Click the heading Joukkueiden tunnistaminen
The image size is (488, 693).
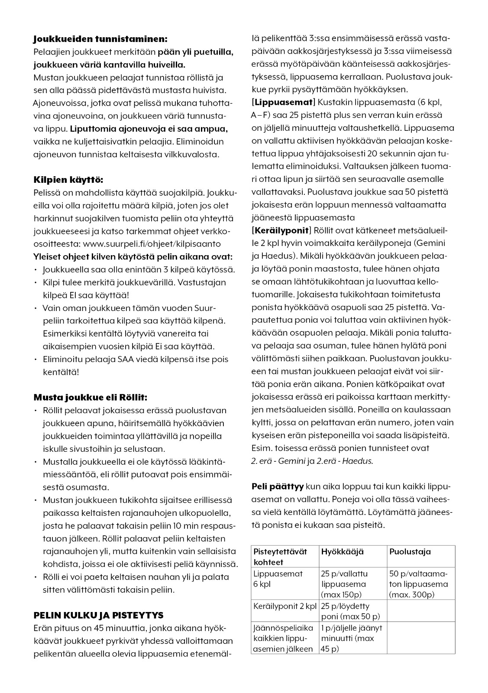pyautogui.click(x=100, y=39)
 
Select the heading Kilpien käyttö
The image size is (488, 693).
pyautogui.click(x=68, y=180)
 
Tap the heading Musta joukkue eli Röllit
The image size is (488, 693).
pyautogui.click(x=90, y=397)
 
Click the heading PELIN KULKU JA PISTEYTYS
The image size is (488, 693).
pyautogui.click(x=98, y=615)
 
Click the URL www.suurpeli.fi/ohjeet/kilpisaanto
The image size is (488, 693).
pyautogui.click(x=152, y=244)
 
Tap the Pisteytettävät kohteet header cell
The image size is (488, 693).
pyautogui.click(x=280, y=557)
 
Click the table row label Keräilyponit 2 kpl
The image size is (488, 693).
pyautogui.click(x=285, y=606)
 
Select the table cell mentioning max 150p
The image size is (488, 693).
pyautogui.click(x=344, y=584)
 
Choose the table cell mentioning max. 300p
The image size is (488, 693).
pyautogui.click(x=418, y=584)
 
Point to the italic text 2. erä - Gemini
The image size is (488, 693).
pyautogui.click(x=278, y=461)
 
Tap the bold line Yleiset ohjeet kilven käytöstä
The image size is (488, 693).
pyautogui.click(x=133, y=256)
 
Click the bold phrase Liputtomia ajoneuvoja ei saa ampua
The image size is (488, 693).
pyautogui.click(x=149, y=129)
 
